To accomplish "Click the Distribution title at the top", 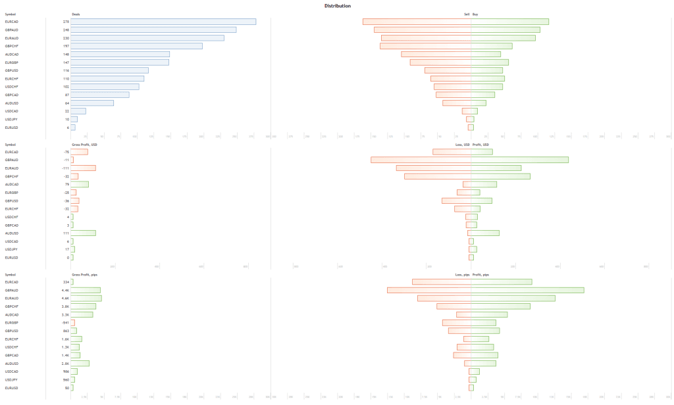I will (337, 6).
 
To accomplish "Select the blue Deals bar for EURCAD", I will (163, 22).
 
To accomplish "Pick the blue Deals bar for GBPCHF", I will (136, 46).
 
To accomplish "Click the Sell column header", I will (466, 14).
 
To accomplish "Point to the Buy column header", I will (476, 14).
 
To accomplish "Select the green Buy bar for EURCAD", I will (510, 22).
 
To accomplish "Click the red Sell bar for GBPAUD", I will (423, 30).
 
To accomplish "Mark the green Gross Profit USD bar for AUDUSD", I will (84, 233).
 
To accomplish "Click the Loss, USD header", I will (463, 144).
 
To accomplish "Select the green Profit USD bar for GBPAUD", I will (520, 160).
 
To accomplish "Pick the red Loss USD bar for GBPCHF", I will (438, 176).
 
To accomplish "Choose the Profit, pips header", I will (482, 274).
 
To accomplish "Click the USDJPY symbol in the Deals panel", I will (11, 119).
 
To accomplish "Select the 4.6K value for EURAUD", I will (65, 298).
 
